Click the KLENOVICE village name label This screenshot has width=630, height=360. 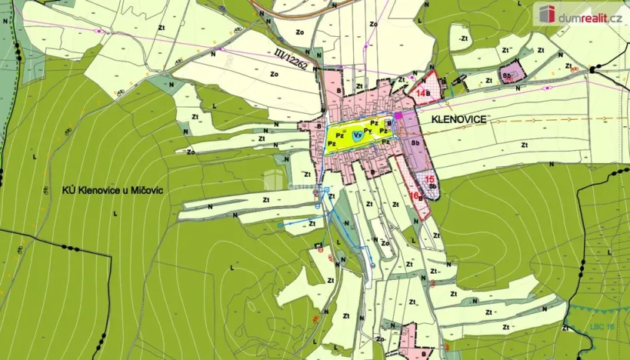[x=464, y=119]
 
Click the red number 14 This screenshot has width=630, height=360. [x=420, y=93]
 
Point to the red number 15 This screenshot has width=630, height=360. [x=429, y=178]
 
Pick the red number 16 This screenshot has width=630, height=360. [x=414, y=195]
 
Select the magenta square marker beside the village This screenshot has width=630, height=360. [x=398, y=116]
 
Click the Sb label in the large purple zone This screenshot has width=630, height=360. [x=415, y=142]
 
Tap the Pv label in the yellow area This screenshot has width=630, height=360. [x=368, y=130]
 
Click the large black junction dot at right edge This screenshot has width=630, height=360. [x=593, y=69]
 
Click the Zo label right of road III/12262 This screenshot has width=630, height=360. [x=274, y=75]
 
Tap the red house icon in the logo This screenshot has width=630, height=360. [x=547, y=14]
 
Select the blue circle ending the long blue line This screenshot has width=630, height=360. [x=279, y=225]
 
